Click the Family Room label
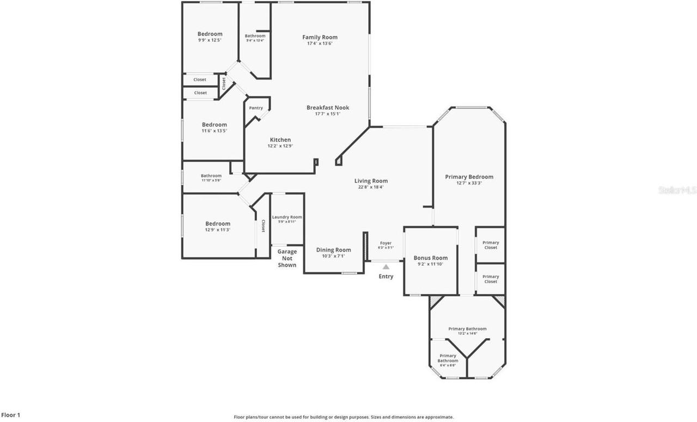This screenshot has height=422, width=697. (x=320, y=37)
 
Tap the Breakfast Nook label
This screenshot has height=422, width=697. (x=327, y=107)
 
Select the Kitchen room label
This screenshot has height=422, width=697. (x=280, y=140)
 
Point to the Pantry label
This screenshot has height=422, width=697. (x=256, y=108)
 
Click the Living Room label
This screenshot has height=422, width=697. (x=371, y=181)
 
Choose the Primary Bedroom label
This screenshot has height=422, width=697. (x=469, y=176)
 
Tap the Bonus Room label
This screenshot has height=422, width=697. (x=430, y=258)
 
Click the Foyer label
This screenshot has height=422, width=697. (x=386, y=243)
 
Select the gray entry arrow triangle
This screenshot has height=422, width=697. (x=386, y=267)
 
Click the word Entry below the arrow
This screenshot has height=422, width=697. (x=386, y=276)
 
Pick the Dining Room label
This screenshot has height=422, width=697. (x=333, y=250)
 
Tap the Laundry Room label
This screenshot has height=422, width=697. (x=287, y=217)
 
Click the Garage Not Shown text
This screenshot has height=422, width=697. (x=287, y=258)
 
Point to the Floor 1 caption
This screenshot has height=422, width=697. (x=11, y=415)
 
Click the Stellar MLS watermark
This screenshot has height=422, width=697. (x=677, y=190)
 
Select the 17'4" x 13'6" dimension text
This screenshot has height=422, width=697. (x=320, y=44)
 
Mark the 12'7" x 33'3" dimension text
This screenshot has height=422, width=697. (x=469, y=184)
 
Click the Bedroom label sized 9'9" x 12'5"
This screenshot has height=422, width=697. (x=210, y=34)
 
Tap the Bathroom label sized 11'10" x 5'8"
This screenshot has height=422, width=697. (x=211, y=175)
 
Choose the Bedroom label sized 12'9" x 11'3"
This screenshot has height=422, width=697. (x=217, y=223)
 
